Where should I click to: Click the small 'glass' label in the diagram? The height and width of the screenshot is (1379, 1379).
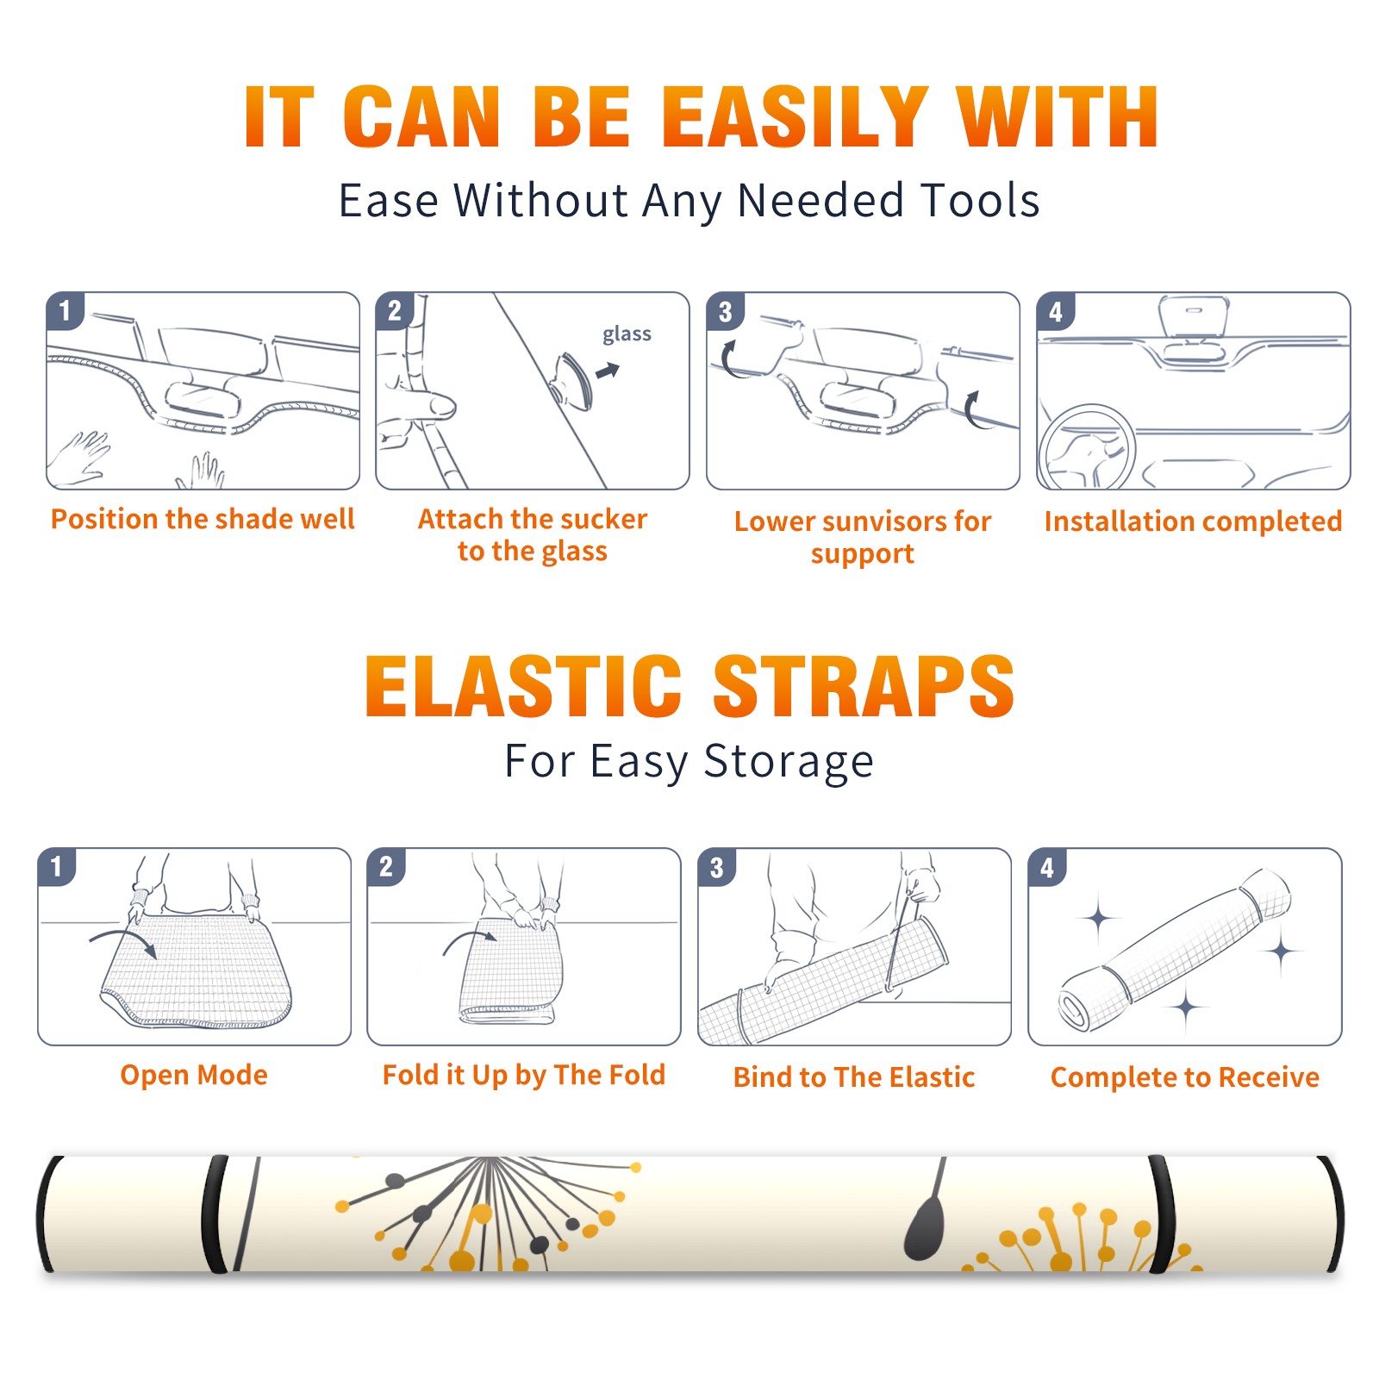tap(627, 334)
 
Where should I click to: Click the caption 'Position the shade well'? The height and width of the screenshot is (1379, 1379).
tap(203, 519)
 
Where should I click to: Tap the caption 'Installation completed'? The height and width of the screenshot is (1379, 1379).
tap(1193, 521)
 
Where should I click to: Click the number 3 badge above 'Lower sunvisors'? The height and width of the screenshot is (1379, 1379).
tap(725, 311)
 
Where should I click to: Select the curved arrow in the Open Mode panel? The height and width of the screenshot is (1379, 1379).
tap(123, 942)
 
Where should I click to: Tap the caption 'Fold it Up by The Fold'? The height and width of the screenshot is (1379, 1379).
tap(524, 1075)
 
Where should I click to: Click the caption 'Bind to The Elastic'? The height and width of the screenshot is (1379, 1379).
tap(854, 1076)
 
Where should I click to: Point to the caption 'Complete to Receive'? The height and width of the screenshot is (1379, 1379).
tap(1185, 1076)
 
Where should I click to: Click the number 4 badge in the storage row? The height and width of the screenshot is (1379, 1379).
tap(1047, 867)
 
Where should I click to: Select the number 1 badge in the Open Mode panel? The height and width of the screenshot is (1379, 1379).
tap(57, 867)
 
